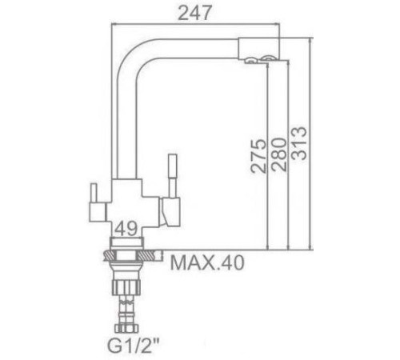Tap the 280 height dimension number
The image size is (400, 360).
(277, 148)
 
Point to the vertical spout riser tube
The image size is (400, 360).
(125, 120)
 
